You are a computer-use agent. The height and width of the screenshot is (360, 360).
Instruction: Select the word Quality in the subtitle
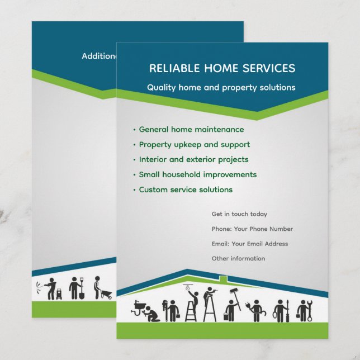coord(162,88)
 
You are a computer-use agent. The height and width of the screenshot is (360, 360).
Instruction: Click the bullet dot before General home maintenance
coord(134,130)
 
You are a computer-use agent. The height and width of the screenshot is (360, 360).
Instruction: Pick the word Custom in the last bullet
coord(151,190)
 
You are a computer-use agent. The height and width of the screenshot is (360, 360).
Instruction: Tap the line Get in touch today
coord(239,214)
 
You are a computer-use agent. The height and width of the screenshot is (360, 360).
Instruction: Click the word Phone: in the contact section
coord(220,229)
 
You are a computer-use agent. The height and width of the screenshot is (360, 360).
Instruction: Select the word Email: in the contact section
coord(220,244)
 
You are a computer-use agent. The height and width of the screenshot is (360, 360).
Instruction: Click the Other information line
coord(238,258)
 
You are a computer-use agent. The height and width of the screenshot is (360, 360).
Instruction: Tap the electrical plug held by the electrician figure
coord(246,306)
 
